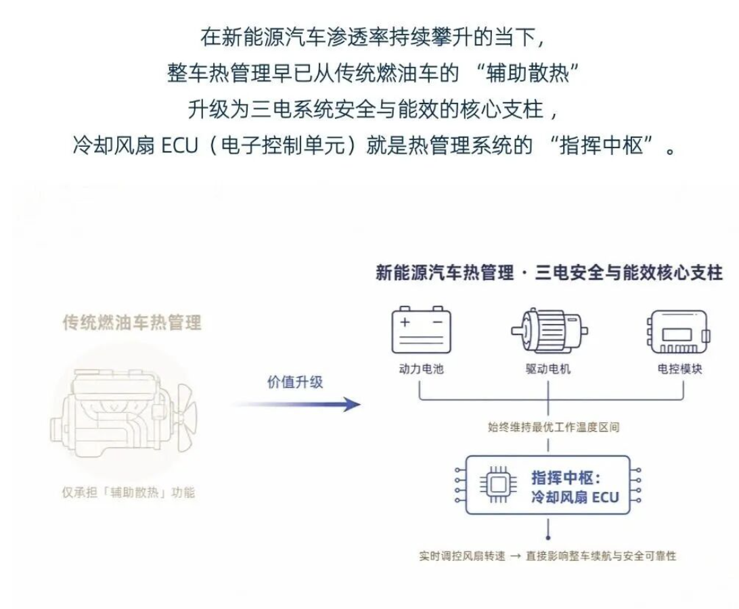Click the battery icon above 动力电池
click(422, 330)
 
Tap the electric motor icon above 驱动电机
click(549, 330)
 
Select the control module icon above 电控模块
click(678, 332)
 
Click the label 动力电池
click(422, 369)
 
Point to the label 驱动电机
click(548, 369)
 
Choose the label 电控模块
click(679, 369)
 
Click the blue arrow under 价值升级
click(296, 405)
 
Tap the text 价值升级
click(295, 382)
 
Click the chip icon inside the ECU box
click(497, 484)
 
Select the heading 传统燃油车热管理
click(132, 323)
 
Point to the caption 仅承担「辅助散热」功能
click(128, 493)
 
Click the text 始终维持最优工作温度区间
click(554, 427)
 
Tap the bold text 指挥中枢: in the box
click(566, 478)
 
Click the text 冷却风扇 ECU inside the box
click(575, 497)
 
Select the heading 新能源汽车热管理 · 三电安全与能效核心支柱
click(549, 273)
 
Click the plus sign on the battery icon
click(405, 322)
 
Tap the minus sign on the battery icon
click(437, 322)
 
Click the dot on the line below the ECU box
click(547, 537)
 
